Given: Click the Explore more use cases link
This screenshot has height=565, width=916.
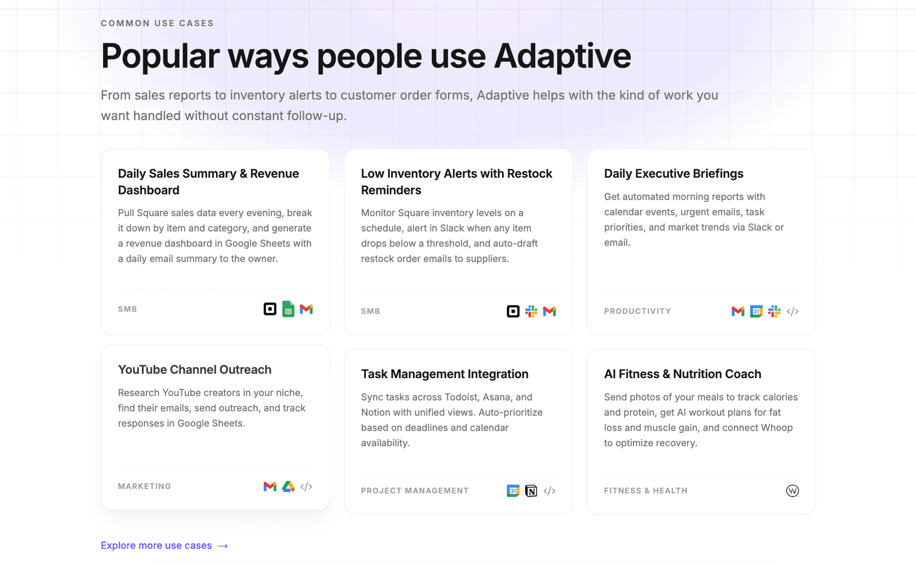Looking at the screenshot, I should (156, 546).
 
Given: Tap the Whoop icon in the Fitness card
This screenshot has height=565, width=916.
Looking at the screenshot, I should (793, 491).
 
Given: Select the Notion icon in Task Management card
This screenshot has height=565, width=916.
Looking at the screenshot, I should (531, 491).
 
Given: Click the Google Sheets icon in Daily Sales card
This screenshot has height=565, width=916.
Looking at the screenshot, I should (288, 309).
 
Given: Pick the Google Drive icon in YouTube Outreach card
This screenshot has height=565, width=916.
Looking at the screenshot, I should (288, 487).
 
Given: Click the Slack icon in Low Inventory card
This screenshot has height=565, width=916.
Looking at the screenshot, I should (531, 311).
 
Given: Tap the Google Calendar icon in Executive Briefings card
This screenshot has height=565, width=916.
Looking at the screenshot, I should (756, 311).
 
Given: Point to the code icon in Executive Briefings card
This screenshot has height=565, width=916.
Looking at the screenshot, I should (793, 311).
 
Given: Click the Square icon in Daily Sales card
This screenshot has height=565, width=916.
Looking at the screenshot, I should (270, 309).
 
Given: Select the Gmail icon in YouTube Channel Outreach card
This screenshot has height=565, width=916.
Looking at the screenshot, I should (270, 487).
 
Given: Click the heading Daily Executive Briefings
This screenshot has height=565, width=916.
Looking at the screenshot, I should (673, 174).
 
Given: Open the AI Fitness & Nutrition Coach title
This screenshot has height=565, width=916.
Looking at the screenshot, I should (682, 374).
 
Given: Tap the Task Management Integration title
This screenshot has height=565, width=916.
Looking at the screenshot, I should (445, 374).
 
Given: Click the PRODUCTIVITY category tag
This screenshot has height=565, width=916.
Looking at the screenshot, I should (637, 311).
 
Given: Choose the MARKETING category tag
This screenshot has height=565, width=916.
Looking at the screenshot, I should (144, 487).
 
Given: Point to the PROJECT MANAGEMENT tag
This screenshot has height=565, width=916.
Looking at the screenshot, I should (415, 491).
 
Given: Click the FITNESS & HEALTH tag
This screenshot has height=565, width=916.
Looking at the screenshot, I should (646, 491).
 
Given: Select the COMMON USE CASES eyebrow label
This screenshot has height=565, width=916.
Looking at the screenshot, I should (157, 24).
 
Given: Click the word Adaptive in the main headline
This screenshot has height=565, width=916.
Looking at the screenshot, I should (562, 56).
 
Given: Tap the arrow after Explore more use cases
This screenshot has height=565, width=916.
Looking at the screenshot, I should (223, 546).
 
